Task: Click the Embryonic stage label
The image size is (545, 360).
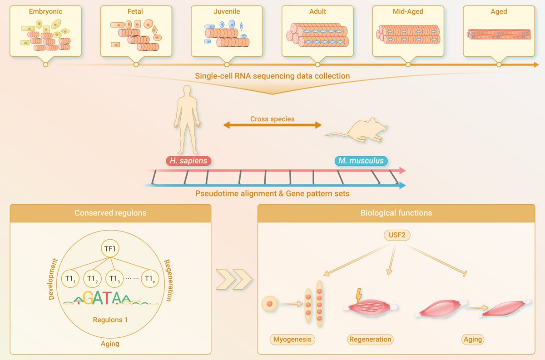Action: (45, 11)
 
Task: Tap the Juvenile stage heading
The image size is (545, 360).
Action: (227, 11)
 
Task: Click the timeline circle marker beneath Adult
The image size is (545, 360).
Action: (317, 65)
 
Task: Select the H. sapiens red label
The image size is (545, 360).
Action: (188, 161)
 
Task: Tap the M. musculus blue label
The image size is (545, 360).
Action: (361, 161)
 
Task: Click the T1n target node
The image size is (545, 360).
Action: (150, 278)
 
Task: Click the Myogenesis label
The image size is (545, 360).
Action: (293, 339)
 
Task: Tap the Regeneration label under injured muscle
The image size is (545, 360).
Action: (370, 339)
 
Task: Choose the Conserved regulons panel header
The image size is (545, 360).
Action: (110, 213)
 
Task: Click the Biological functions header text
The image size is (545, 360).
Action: (396, 213)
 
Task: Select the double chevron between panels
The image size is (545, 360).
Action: (234, 279)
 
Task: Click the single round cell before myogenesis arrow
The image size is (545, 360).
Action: (270, 303)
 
